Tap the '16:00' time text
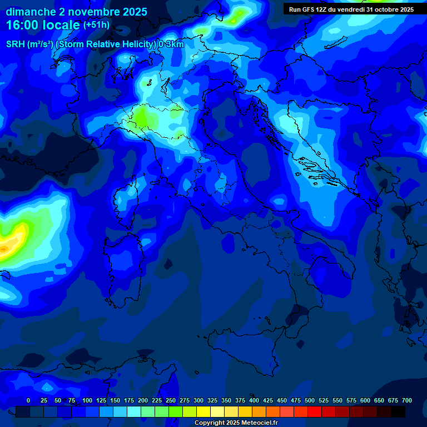21,25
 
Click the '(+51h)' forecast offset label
96,25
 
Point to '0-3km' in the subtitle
171,44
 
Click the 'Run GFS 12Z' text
309,9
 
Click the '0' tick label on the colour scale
28,400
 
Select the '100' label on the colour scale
87,400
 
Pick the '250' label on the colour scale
171,400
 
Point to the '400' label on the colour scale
254,400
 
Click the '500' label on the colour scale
310,400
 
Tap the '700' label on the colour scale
407,400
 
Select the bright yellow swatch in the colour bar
203,411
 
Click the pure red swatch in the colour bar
315,411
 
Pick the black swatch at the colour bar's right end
398,411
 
